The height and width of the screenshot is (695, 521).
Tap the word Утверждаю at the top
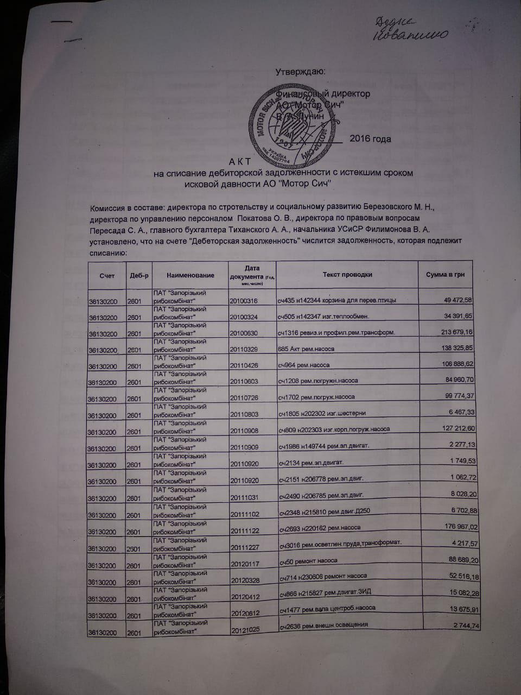click(x=300, y=72)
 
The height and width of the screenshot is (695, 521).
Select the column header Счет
click(x=107, y=276)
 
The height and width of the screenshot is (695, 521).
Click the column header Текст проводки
click(x=347, y=275)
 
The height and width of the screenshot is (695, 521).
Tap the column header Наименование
click(x=190, y=276)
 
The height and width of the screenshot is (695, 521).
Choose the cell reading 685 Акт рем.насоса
click(x=306, y=349)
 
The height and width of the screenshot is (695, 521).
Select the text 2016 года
click(x=370, y=139)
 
